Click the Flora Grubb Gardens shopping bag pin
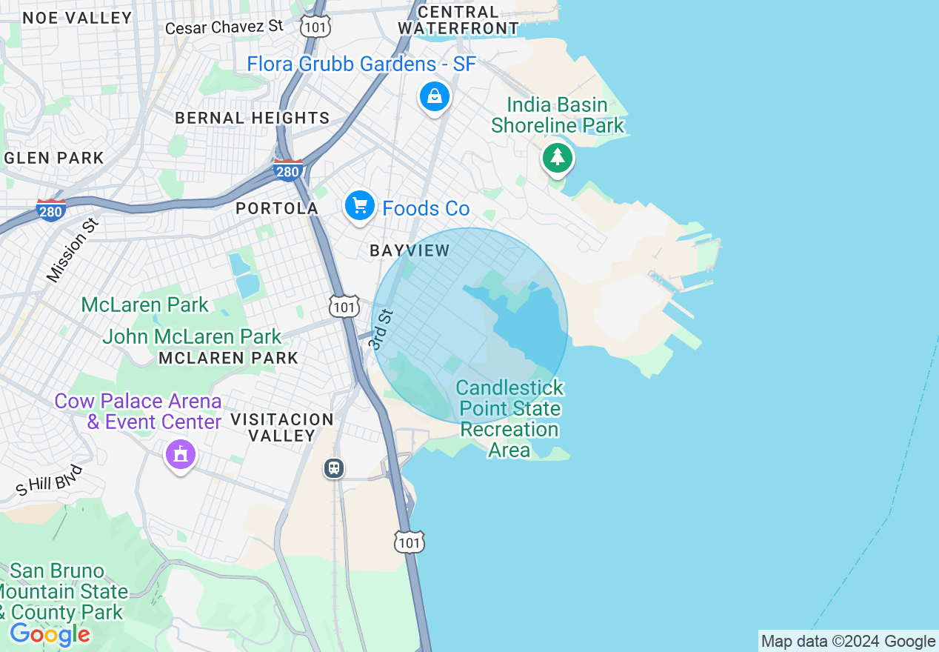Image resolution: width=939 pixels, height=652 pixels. coord(435,96)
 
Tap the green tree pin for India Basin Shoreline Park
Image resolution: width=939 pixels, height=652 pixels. coord(558,157)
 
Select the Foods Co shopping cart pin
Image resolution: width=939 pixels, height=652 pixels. coord(360,205)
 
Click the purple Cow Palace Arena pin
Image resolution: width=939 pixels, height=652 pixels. coord(181,453)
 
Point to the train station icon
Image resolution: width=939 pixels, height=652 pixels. coord(334,468)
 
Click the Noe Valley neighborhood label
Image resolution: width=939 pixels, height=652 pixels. coord(78,18)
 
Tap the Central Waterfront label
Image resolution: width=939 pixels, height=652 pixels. coord(458,20)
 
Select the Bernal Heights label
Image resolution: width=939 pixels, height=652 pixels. coord(252,118)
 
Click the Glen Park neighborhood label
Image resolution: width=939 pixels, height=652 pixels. coord(54,158)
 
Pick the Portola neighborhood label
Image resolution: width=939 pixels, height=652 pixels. coord(277,209)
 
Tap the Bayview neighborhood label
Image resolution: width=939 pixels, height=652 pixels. coord(410,250)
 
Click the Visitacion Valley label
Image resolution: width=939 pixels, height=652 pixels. coord(281,428)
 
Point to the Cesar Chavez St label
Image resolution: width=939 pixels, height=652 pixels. coord(224,27)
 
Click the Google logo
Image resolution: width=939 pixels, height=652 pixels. coord(50,634)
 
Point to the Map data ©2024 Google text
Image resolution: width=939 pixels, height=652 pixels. coord(849,642)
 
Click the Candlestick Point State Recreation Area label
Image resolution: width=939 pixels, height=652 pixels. coord(509,419)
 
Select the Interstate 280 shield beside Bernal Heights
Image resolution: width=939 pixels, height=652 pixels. coord(287,170)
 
